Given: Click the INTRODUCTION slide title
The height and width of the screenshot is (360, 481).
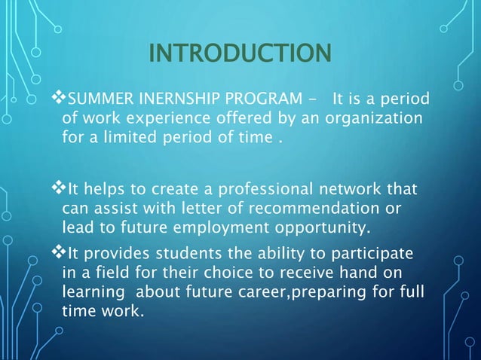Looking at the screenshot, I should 240,53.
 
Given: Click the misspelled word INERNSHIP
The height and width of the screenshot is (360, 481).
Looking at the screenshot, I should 161,99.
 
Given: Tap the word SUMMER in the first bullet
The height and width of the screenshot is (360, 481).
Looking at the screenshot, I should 94,99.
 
